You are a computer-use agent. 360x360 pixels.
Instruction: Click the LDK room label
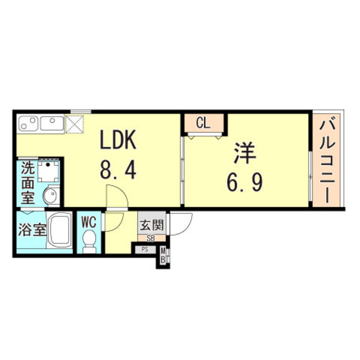point(118,139)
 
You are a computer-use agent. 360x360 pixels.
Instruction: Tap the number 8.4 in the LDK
point(118,169)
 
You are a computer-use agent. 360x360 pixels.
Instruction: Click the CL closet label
point(203,123)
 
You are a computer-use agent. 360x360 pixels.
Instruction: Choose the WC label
point(89,222)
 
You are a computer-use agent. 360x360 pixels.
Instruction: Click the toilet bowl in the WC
point(89,241)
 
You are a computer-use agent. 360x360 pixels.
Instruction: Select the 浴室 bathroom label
point(32,229)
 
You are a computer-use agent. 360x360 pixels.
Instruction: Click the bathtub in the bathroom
point(60,229)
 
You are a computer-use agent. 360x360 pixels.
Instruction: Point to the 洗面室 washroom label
point(28,183)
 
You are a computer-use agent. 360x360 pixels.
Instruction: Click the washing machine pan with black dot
point(48,171)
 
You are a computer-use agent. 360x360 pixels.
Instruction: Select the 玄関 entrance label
point(152,224)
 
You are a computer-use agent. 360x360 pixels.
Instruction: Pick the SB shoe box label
point(151,238)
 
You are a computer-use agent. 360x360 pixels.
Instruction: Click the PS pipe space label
point(145,250)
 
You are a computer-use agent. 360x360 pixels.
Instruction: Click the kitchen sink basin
point(52,123)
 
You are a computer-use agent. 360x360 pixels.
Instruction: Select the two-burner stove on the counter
point(29,124)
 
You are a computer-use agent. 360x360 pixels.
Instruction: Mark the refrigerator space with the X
point(74,124)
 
